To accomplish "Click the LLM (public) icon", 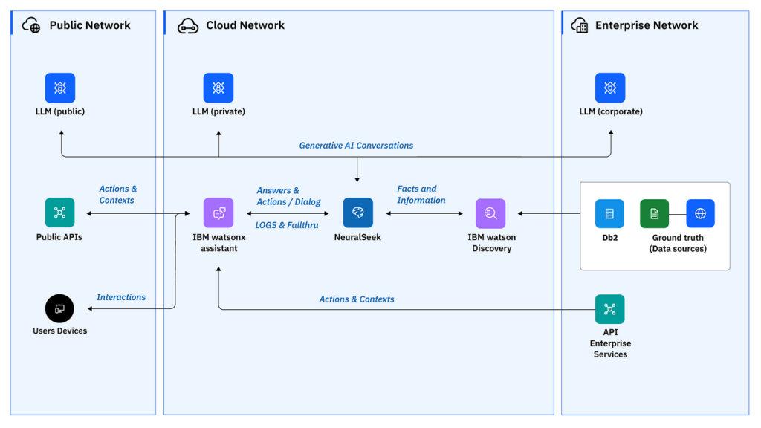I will coord(60,88).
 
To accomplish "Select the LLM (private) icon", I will coord(218,88).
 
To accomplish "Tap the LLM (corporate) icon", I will coord(610,88).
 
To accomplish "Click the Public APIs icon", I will coord(60,213).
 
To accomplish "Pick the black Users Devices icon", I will coord(60,308).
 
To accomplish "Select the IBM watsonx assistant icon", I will coord(218,213).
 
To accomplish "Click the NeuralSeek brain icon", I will coord(357,213).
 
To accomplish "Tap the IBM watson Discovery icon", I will coord(490,213).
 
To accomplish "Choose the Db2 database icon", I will coord(609,213).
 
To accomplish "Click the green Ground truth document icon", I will coord(654,213).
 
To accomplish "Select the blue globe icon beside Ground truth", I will coord(700,213).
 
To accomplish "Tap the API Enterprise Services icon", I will coord(610,309).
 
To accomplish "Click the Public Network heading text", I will coord(90,25).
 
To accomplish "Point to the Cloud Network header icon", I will coord(187,26).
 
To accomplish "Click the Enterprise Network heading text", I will coord(647,25).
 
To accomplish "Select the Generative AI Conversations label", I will coord(356,146).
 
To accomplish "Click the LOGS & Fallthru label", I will coord(287,225).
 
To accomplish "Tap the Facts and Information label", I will coord(421,195).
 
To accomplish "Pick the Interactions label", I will coord(121,297).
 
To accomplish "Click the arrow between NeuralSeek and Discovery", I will coord(424,214).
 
